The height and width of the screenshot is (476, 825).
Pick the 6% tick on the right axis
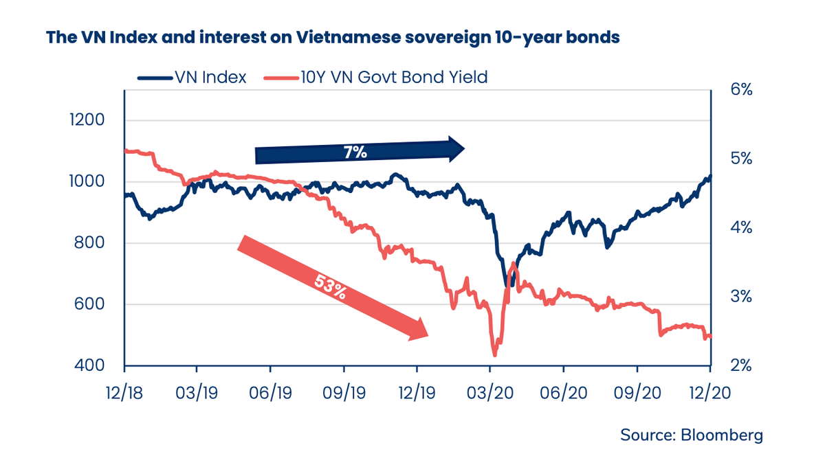pos(740,90)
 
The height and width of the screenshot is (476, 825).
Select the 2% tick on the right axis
pos(740,366)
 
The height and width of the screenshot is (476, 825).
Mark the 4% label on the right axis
pos(740,228)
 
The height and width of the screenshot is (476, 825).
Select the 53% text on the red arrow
pos(330,285)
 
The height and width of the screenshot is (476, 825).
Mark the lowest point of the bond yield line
pos(494,354)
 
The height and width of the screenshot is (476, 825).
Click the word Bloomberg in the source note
pos(722,435)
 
